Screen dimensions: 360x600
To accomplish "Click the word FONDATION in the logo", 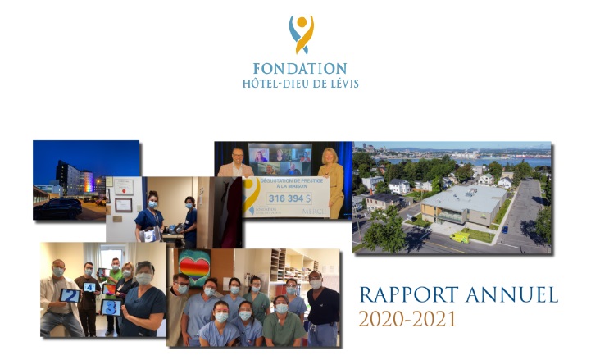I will point(300,68).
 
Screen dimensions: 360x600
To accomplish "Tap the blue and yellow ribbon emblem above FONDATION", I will point(301,34).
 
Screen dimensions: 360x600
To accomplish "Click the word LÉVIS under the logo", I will point(343,84).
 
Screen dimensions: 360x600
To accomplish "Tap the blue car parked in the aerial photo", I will point(503,229).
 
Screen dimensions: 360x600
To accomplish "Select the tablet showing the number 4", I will point(90,286).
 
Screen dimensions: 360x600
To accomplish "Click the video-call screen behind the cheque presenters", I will point(283,158).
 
